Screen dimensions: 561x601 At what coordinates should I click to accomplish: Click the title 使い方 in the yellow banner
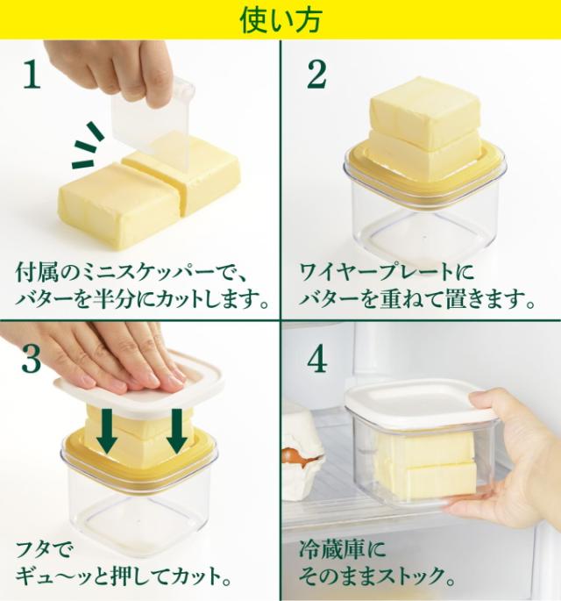click(280, 19)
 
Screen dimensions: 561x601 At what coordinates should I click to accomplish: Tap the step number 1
click(32, 75)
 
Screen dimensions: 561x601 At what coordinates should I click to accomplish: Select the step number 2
click(316, 75)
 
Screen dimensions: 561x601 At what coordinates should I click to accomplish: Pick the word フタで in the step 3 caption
click(43, 550)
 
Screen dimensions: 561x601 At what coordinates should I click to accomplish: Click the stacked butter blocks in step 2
click(424, 131)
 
